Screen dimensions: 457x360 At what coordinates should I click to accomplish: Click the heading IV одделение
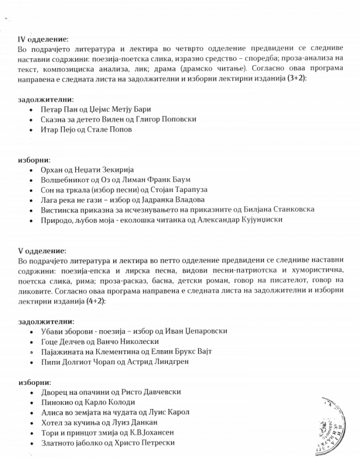(43, 39)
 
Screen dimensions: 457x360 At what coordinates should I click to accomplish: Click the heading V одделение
(42, 250)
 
